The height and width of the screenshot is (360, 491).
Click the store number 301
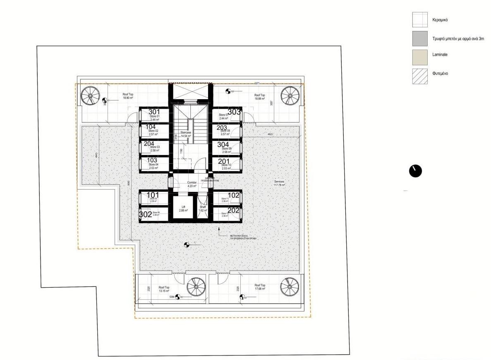click(x=154, y=112)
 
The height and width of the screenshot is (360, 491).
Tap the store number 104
click(x=151, y=126)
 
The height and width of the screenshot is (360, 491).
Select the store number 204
click(x=149, y=143)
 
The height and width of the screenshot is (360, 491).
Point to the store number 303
click(x=234, y=112)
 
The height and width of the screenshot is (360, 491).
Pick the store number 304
click(x=223, y=144)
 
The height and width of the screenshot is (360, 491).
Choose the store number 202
click(x=234, y=210)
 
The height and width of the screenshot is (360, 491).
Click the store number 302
click(x=146, y=215)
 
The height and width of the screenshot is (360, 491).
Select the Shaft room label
click(x=203, y=209)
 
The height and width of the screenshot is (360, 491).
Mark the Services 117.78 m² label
click(x=279, y=184)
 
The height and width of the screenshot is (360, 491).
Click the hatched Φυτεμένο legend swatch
click(x=420, y=76)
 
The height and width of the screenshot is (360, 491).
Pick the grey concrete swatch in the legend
click(x=420, y=38)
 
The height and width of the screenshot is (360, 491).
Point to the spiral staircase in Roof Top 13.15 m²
click(x=196, y=287)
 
